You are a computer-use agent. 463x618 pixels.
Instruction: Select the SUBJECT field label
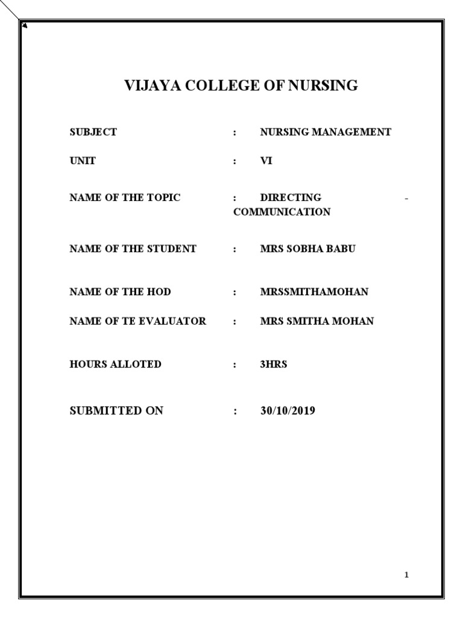pyautogui.click(x=93, y=132)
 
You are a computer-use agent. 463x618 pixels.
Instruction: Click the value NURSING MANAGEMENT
pyautogui.click(x=326, y=132)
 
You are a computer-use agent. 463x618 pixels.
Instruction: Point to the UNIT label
pyautogui.click(x=83, y=161)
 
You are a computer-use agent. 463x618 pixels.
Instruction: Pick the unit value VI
pyautogui.click(x=266, y=161)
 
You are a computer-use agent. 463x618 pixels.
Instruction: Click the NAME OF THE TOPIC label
pyautogui.click(x=125, y=198)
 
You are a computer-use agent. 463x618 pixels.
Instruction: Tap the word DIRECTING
pyautogui.click(x=291, y=198)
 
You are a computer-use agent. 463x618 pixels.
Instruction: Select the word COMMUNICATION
pyautogui.click(x=282, y=212)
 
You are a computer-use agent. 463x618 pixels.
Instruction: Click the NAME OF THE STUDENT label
pyautogui.click(x=133, y=249)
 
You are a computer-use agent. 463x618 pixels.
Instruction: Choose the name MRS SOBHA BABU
pyautogui.click(x=307, y=249)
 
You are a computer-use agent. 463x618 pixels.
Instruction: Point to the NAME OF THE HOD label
pyautogui.click(x=121, y=292)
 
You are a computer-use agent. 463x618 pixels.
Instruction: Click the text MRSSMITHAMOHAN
pyautogui.click(x=314, y=292)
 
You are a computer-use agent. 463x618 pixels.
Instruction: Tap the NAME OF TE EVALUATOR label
pyautogui.click(x=138, y=322)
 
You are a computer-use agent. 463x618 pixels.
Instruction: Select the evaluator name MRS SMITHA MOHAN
pyautogui.click(x=317, y=322)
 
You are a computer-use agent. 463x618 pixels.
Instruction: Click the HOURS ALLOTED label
pyautogui.click(x=116, y=364)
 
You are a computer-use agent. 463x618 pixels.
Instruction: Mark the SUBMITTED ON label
pyautogui.click(x=116, y=412)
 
